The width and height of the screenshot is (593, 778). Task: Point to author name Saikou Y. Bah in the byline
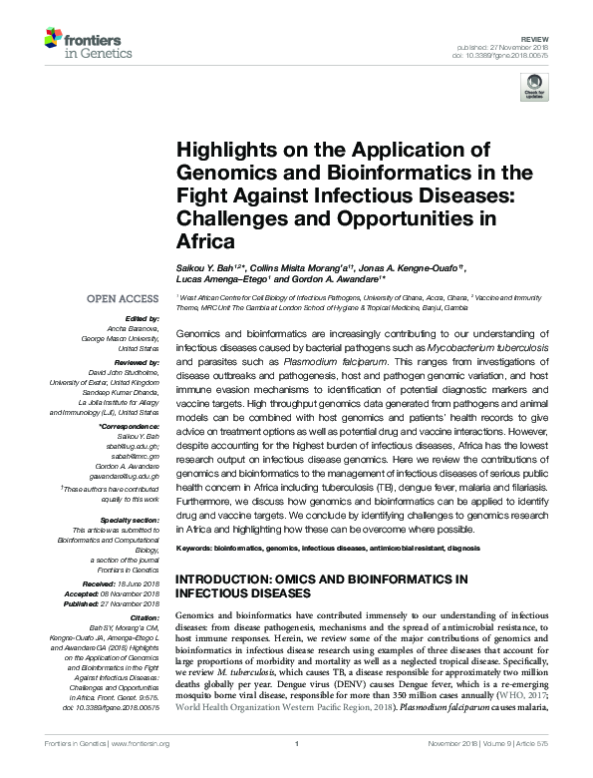click(204, 268)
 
